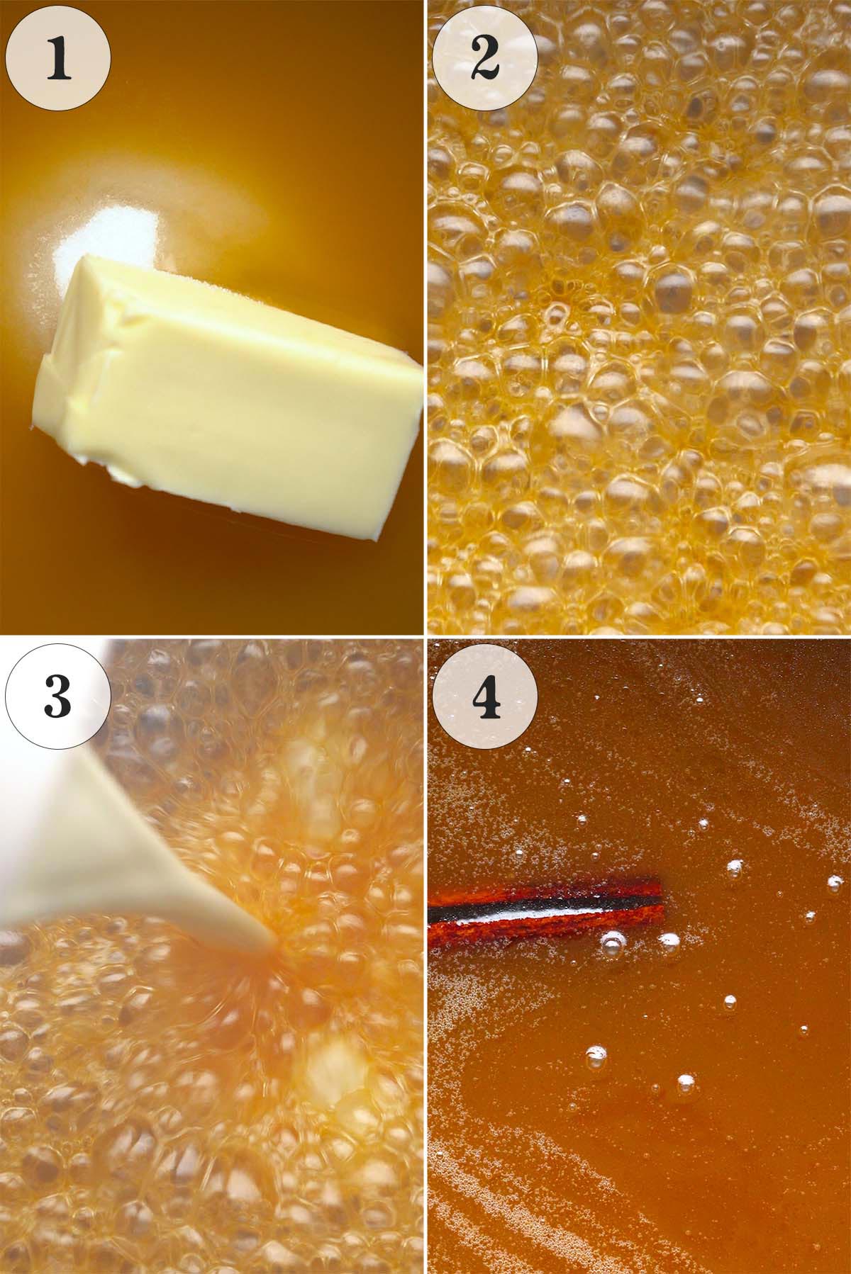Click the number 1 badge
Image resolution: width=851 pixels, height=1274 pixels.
[58, 58]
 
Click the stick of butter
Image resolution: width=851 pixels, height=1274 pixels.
[227, 397]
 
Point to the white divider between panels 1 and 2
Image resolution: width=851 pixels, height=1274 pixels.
[425, 319]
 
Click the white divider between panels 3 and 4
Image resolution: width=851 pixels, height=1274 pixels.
[425, 957]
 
